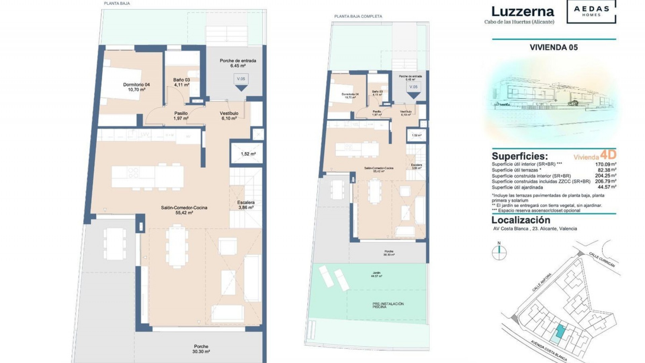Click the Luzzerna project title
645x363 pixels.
[522, 12]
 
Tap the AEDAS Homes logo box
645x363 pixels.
[591, 11]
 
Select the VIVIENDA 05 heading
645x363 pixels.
[554, 47]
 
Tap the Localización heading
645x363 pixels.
[521, 220]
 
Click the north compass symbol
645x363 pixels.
[499, 252]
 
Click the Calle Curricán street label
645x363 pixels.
[602, 259]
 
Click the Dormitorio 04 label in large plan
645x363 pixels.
[136, 87]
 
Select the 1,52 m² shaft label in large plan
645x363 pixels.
[248, 154]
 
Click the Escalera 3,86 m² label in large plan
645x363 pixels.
[246, 205]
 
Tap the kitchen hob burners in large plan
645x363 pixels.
[133, 173]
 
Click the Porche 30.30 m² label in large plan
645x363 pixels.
[202, 349]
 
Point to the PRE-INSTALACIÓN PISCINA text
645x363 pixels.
[388, 305]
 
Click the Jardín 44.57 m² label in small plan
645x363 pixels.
[377, 275]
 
